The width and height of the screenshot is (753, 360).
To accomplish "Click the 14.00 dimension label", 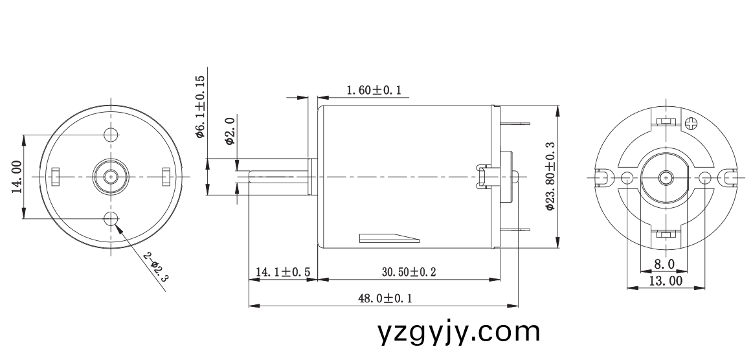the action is pyautogui.click(x=17, y=177).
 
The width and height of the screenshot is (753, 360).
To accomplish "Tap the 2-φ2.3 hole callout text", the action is pyautogui.click(x=157, y=266).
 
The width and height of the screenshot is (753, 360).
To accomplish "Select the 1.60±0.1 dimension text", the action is pyautogui.click(x=374, y=90).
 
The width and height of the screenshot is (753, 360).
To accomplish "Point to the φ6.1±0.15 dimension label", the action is pyautogui.click(x=200, y=106).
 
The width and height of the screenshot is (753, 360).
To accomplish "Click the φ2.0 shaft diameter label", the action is pyautogui.click(x=230, y=130).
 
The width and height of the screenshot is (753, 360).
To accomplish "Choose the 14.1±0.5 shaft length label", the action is pyautogui.click(x=283, y=272).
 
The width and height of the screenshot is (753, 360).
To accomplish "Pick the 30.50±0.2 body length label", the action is pyautogui.click(x=409, y=272).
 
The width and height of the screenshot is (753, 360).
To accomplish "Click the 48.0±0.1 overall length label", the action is pyautogui.click(x=385, y=298).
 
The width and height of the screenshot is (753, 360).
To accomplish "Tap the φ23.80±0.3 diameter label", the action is pyautogui.click(x=550, y=176).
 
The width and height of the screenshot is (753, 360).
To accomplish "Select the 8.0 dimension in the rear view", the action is pyautogui.click(x=664, y=264).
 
